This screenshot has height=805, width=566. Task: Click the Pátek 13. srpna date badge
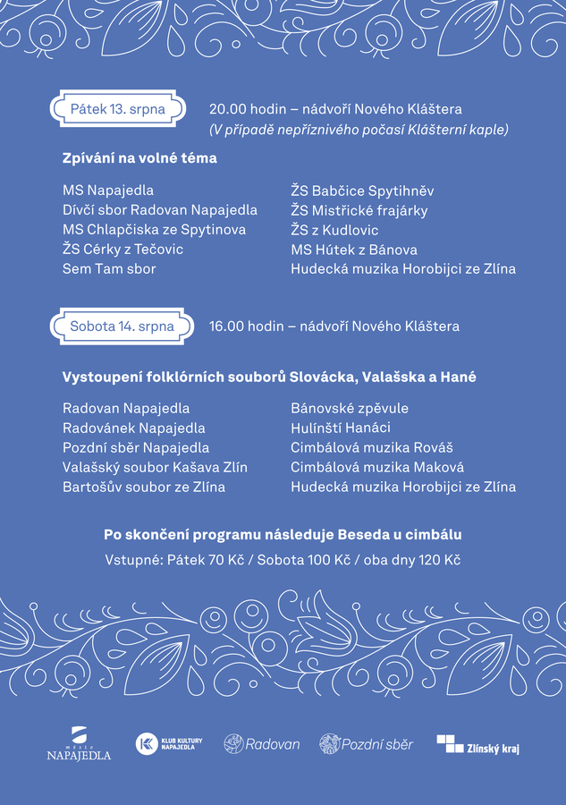(x=117, y=109)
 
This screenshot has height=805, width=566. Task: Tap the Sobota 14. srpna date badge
(x=122, y=326)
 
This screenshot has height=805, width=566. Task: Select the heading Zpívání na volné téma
(x=139, y=158)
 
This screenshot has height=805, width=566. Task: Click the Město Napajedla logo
(x=79, y=744)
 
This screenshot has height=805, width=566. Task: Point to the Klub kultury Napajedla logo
(x=169, y=743)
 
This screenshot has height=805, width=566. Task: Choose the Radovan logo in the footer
(x=261, y=743)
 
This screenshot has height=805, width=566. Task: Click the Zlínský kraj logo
(x=477, y=744)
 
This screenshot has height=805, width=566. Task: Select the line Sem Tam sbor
(x=109, y=268)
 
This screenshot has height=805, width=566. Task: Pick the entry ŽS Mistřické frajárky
(x=359, y=210)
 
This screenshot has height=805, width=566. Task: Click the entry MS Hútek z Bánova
(x=353, y=250)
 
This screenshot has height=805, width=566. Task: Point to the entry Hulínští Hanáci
(x=340, y=428)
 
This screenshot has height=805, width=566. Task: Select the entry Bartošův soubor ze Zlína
(x=143, y=487)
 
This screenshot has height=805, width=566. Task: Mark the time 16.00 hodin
(x=244, y=326)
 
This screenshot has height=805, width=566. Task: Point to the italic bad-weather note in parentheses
(x=359, y=130)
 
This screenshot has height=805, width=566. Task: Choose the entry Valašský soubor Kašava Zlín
(x=155, y=467)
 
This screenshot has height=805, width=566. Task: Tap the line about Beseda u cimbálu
(x=283, y=535)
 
